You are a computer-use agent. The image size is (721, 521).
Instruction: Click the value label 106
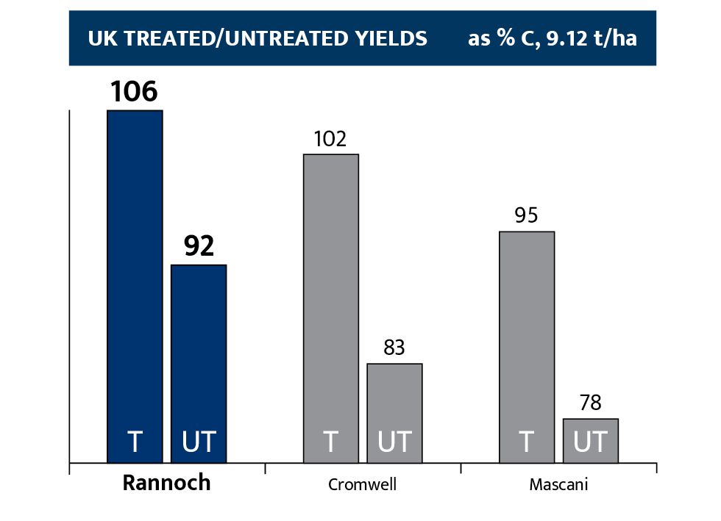click(135, 93)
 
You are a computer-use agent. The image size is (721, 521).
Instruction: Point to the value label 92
click(199, 247)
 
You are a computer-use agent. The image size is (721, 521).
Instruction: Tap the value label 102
click(330, 139)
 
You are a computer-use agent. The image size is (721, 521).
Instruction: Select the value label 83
click(394, 348)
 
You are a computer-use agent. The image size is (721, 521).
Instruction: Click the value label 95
click(527, 216)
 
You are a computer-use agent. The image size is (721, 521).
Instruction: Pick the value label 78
click(591, 403)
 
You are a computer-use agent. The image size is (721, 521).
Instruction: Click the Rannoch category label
click(166, 484)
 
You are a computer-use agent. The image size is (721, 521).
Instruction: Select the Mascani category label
click(558, 485)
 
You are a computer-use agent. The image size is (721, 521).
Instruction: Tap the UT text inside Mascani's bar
click(591, 442)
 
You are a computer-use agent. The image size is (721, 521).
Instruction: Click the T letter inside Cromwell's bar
click(331, 442)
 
